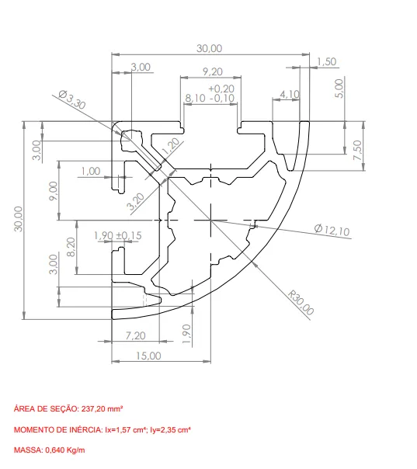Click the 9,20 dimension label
click(213, 71)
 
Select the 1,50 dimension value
click(326, 61)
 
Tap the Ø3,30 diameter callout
click(72, 99)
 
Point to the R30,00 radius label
click(301, 302)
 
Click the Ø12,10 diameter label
click(332, 230)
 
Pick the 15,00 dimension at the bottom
click(148, 356)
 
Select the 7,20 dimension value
click(136, 335)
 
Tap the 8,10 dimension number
click(196, 98)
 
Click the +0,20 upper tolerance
click(221, 89)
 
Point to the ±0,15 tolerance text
click(129, 235)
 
